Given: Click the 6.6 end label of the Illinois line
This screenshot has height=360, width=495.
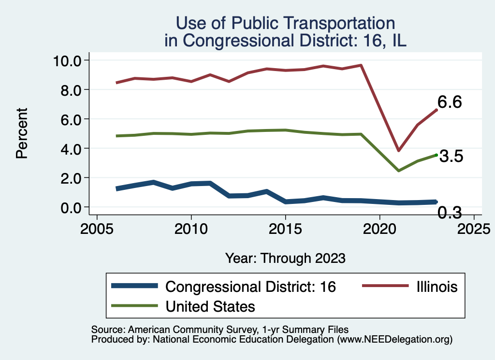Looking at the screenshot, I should point(450,102).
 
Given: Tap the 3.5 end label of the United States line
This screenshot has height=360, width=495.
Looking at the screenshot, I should point(451,157).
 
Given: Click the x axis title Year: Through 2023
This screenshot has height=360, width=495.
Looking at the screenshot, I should point(285,258).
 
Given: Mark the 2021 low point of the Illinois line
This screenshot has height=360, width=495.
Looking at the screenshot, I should point(398,151).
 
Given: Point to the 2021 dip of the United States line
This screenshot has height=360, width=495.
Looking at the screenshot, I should point(398,171).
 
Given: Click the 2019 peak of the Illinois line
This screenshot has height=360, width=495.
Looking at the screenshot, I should point(361,65).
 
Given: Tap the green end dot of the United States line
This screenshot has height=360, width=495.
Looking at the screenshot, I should point(436,155).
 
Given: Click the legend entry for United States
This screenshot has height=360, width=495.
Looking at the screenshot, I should point(210,306).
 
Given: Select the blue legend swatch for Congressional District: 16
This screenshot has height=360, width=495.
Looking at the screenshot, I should point(134,286).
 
